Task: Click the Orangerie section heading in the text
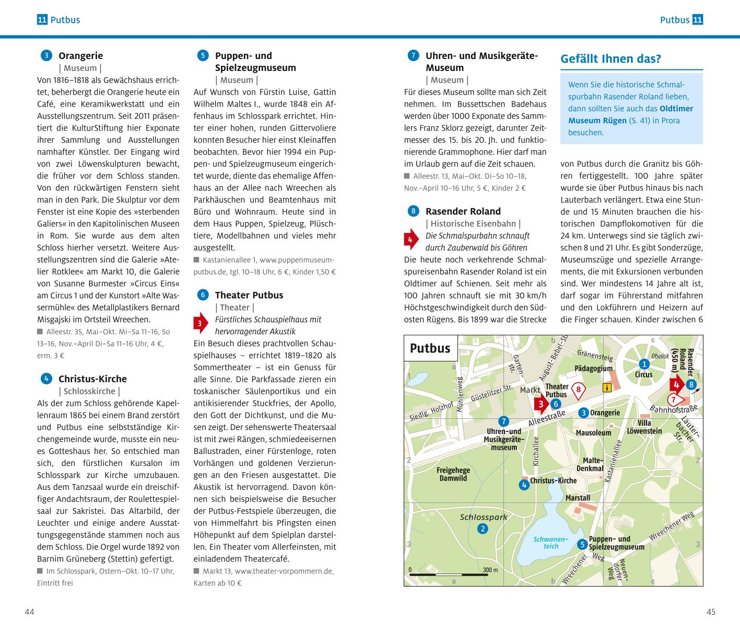tap(80, 55)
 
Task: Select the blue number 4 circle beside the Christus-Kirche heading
tap(46, 379)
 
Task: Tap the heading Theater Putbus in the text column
tap(249, 295)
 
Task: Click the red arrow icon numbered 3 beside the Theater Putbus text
tap(200, 324)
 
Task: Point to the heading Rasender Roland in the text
tap(463, 211)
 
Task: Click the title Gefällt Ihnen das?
tap(610, 58)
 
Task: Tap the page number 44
tap(29, 612)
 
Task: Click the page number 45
tap(710, 612)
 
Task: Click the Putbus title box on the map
tap(430, 348)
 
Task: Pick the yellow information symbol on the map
tap(607, 388)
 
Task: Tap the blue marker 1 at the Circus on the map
tap(644, 364)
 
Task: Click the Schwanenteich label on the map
tap(551, 542)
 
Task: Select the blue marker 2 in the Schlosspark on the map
tap(483, 529)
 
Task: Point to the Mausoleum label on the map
tap(593, 432)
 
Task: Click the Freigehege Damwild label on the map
tap(453, 474)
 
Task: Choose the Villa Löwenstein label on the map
tap(644, 427)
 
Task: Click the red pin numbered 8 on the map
tap(578, 389)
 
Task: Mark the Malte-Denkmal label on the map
tap(590, 464)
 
